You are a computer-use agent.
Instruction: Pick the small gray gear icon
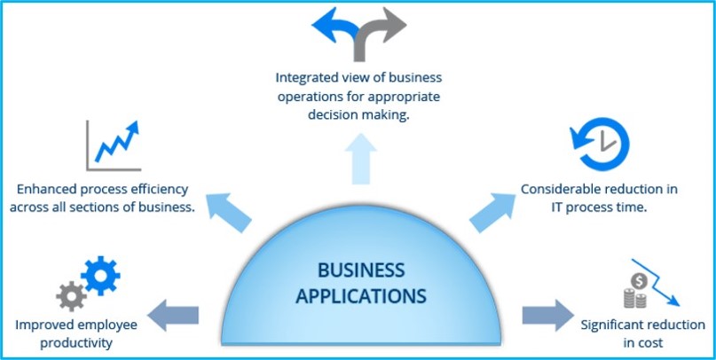click(71, 296)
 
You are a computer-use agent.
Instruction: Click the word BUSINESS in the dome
click(360, 270)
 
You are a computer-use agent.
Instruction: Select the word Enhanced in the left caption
click(50, 189)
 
